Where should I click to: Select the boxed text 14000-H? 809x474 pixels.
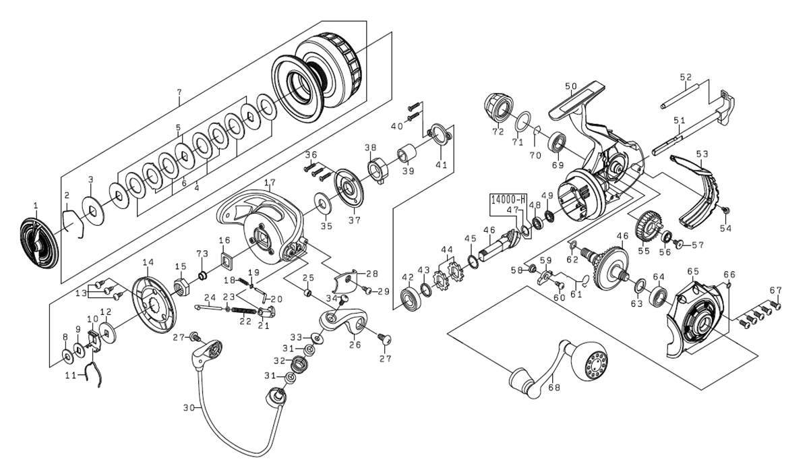tap(508, 200)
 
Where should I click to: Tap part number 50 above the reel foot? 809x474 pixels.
tap(571, 86)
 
